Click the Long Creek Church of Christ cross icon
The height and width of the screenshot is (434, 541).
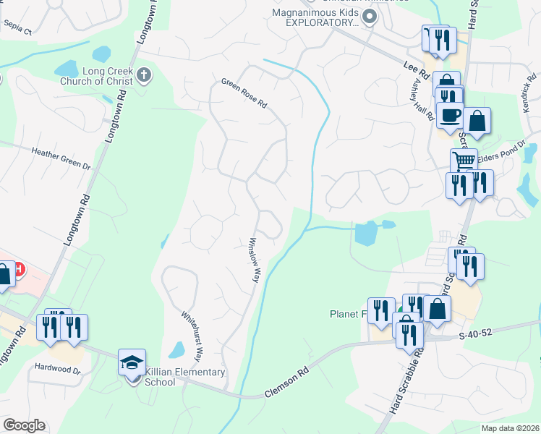coord(144,75)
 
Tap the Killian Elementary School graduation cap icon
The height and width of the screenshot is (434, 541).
coord(132,361)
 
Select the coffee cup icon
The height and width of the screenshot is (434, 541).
coord(449,115)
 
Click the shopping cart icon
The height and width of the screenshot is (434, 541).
coord(464,161)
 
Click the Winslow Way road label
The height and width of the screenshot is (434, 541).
coord(254,260)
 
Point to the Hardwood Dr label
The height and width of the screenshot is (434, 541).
coord(57,369)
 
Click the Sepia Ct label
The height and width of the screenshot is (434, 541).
coord(18,28)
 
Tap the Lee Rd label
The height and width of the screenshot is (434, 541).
coord(414,67)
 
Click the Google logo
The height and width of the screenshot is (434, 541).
coord(24,425)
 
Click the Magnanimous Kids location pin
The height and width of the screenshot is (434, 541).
coord(370,17)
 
